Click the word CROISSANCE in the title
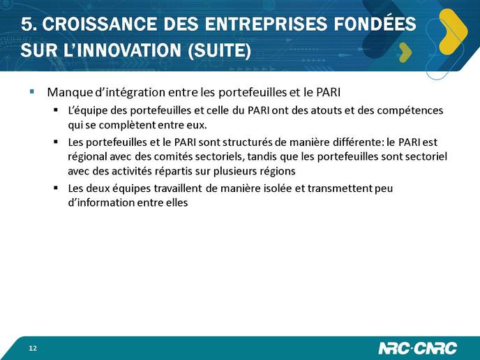100,24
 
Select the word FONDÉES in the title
375,23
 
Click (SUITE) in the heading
219,50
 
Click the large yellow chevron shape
453,31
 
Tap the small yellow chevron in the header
405,52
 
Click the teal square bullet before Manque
32,91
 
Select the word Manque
70,93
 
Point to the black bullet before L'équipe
56,110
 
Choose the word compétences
410,111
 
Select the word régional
87,157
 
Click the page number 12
33,348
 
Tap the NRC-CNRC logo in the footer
417,348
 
